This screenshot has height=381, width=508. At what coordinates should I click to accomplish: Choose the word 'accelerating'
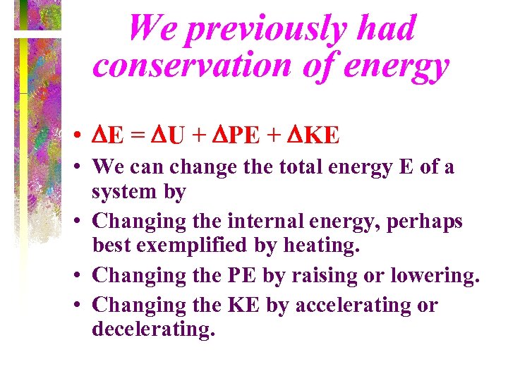[356, 306]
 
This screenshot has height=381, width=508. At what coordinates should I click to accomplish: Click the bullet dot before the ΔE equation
[84, 134]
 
